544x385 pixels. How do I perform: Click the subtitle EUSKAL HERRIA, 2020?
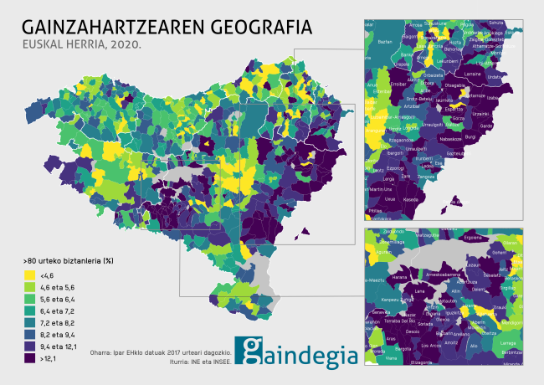[x=80, y=44]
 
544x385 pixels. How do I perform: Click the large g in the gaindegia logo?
[x=250, y=352]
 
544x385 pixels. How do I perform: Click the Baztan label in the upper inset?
[x=385, y=41]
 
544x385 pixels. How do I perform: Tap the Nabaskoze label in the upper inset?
[x=451, y=139]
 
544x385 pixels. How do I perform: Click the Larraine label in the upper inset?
[x=473, y=74]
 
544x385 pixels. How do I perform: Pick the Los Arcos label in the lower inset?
[x=431, y=344]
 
